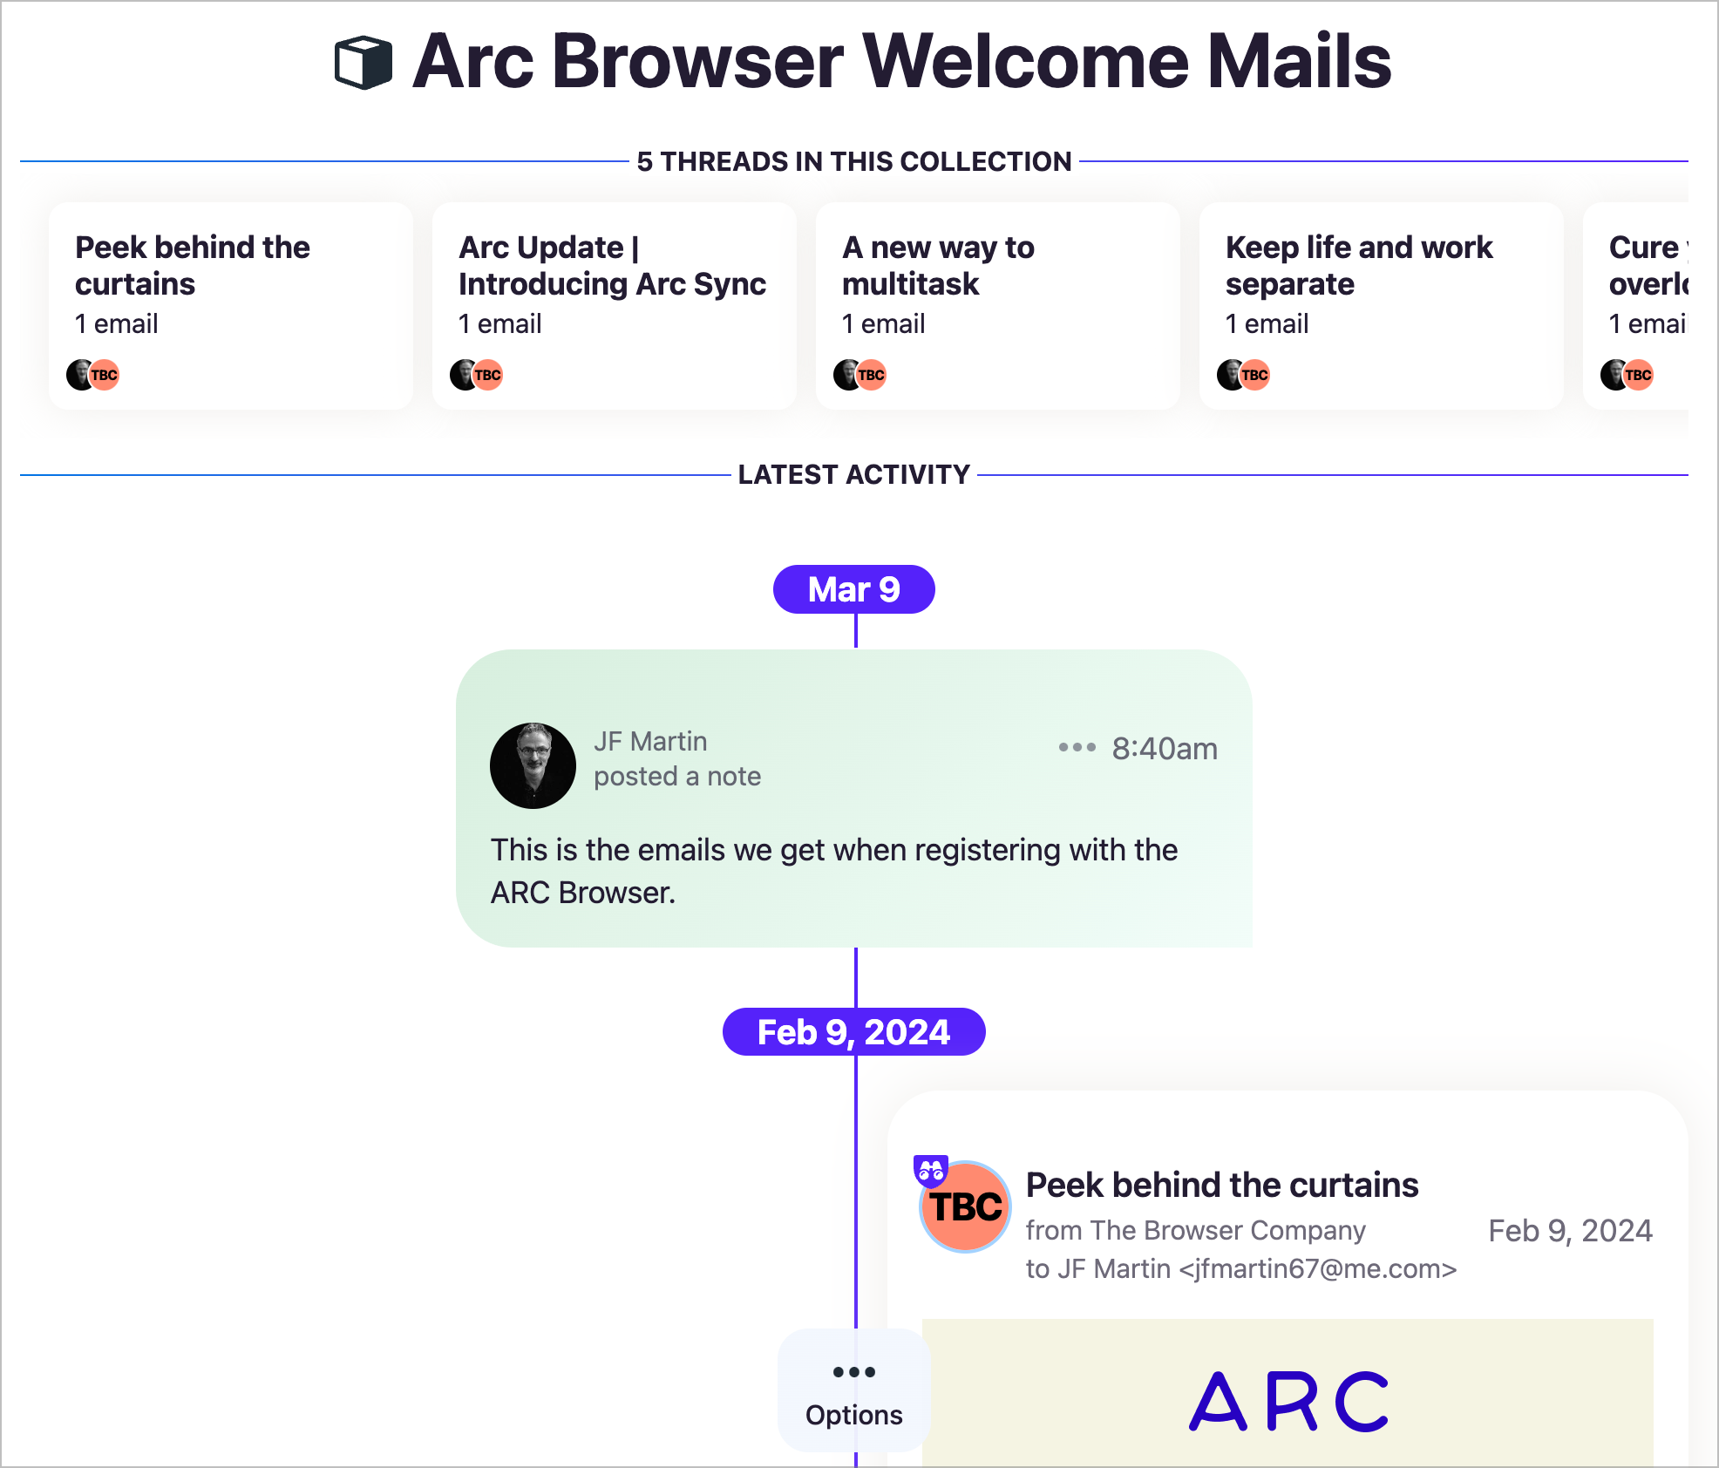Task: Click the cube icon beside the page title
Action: [364, 63]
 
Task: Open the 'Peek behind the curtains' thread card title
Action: [192, 265]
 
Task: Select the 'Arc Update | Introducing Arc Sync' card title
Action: [612, 265]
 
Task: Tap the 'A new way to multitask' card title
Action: [938, 265]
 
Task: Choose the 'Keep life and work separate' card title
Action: [1358, 265]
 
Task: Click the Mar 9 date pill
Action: [853, 589]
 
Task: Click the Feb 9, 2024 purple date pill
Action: [853, 1032]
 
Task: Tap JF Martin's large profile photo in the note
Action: [533, 765]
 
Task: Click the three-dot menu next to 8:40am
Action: [1077, 747]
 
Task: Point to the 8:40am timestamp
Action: [1165, 749]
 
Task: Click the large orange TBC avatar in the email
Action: [966, 1207]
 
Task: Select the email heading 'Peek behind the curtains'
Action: [1222, 1186]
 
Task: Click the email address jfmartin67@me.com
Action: [1318, 1268]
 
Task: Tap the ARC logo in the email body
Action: [1288, 1402]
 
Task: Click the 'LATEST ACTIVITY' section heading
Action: [853, 474]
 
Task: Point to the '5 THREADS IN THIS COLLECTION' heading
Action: [853, 161]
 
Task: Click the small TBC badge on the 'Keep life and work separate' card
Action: [1254, 375]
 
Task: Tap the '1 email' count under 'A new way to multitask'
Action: [883, 323]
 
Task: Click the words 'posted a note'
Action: [677, 776]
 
